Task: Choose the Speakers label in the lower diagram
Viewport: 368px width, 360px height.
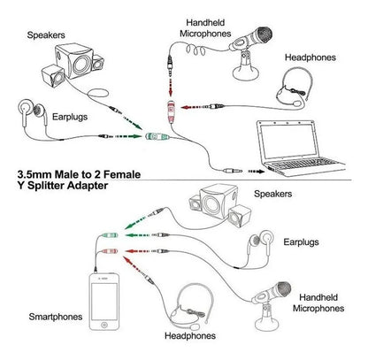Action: [x=272, y=192]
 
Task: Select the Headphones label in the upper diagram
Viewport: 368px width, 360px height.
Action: [x=310, y=57]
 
